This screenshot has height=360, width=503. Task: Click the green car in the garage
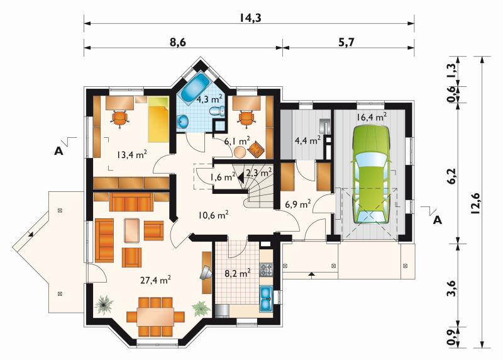[x=370, y=174]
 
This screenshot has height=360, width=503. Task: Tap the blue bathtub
[x=195, y=87]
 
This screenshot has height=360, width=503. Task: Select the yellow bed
[x=158, y=119]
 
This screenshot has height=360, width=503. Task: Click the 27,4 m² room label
[x=155, y=280]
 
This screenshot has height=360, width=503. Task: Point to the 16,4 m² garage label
[x=372, y=117]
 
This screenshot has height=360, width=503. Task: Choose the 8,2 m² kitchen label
[x=238, y=273]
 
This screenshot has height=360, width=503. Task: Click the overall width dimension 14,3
[x=250, y=18]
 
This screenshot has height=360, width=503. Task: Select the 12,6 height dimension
[x=475, y=203]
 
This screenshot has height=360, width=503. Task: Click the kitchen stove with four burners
[x=266, y=270]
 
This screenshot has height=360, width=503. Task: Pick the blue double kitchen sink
[x=266, y=298]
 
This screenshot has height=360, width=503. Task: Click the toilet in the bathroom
[x=217, y=111]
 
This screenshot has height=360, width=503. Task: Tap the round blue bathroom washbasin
[x=183, y=121]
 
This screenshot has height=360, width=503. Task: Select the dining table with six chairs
[x=155, y=317]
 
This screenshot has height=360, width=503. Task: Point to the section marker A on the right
[x=438, y=221]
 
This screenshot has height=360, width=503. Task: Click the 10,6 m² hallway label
[x=213, y=215]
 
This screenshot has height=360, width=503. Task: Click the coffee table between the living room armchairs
[x=131, y=230]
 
